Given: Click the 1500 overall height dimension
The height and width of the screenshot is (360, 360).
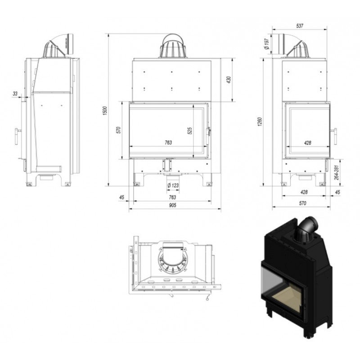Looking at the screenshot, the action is (105, 111).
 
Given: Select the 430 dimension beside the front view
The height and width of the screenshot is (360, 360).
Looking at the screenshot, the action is (229, 80).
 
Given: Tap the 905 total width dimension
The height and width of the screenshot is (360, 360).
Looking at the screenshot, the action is (172, 205).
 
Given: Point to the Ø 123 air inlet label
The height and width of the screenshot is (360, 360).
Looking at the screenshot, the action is (173, 185).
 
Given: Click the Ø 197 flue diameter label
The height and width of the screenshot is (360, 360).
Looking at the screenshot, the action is (266, 44).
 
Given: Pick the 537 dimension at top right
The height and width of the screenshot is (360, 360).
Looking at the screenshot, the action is (300, 26).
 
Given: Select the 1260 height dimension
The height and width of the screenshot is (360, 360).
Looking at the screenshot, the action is (260, 121).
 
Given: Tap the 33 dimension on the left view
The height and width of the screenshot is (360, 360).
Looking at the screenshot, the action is (15, 94).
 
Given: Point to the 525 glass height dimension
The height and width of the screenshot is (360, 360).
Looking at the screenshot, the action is (189, 130).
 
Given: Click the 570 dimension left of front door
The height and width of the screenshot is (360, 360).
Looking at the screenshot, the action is (118, 130).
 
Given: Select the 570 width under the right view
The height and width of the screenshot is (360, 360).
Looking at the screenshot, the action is (302, 203).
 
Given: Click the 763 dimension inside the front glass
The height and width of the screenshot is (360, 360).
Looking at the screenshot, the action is (168, 143).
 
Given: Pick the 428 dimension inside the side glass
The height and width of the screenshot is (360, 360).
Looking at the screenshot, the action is (307, 143).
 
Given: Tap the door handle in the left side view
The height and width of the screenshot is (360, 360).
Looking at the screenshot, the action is (17, 136).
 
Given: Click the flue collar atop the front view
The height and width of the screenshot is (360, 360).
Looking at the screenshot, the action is (173, 46).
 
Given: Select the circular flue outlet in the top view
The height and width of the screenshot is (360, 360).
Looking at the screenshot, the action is (172, 260).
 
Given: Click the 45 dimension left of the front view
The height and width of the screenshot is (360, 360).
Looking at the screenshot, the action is (121, 197).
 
